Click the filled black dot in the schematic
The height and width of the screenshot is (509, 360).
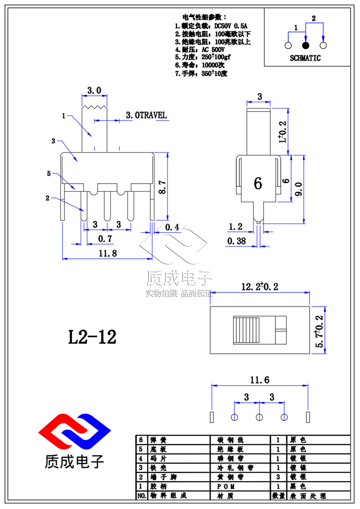click(x=306, y=45)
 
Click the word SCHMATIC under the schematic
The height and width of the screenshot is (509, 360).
click(x=305, y=58)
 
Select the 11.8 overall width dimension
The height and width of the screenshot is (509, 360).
click(x=108, y=253)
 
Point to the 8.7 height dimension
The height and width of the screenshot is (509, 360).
click(x=162, y=185)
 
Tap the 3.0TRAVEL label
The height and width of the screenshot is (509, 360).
click(x=146, y=115)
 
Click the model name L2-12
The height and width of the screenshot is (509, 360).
click(x=92, y=337)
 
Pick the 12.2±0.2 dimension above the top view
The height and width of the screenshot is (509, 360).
click(x=260, y=287)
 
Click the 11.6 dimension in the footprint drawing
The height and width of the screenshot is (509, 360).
click(x=260, y=380)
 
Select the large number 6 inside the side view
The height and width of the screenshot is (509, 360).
click(x=258, y=184)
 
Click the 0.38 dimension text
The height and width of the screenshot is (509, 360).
click(x=237, y=241)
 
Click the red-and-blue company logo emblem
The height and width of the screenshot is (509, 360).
click(x=74, y=431)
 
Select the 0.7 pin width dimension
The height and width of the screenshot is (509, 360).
click(x=105, y=238)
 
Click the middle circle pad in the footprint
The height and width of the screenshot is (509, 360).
click(x=259, y=417)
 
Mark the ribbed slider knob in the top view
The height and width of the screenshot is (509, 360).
click(x=247, y=330)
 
